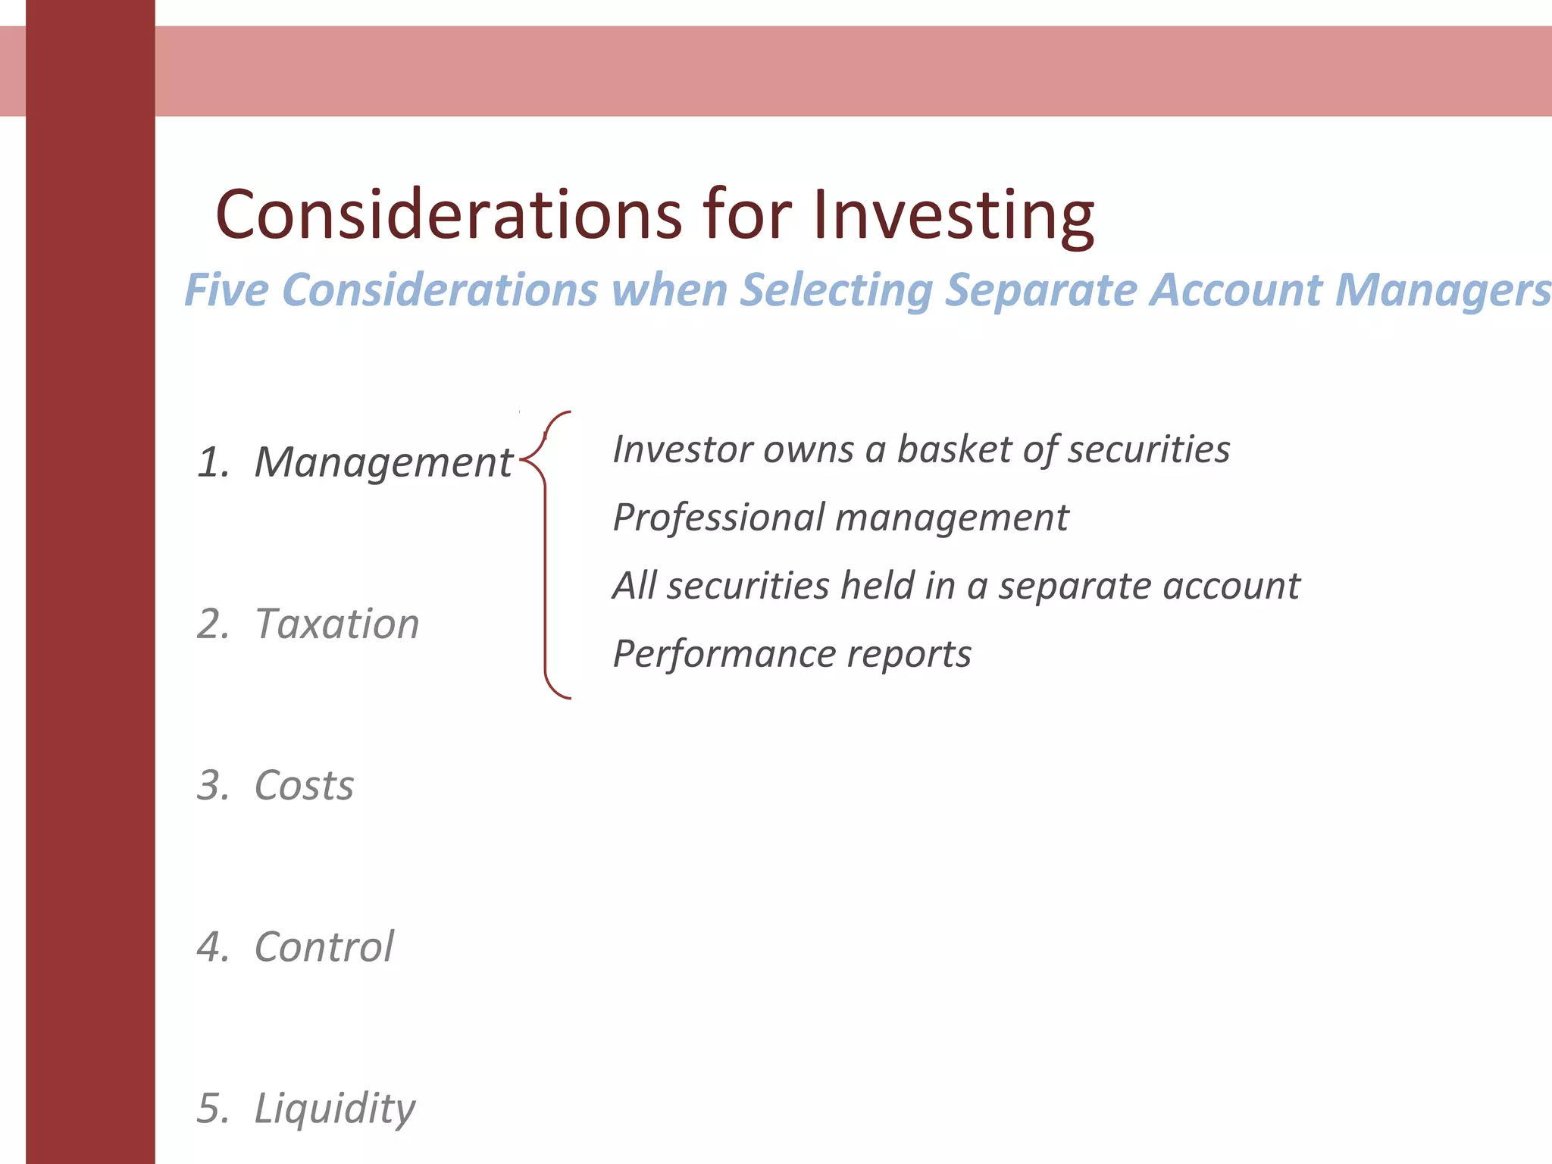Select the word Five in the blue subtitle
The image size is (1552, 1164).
pos(227,289)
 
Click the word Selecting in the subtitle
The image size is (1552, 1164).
pos(836,291)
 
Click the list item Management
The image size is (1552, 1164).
pos(383,462)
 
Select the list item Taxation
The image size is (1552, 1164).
pos(336,624)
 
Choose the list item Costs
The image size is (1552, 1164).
pos(304,785)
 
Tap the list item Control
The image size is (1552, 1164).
pos(324,947)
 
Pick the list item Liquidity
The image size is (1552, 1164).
pos(334,1109)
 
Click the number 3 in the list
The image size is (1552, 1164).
pos(211,785)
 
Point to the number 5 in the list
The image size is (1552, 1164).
pos(211,1108)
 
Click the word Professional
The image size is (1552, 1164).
pos(718,518)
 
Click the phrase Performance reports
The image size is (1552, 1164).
pos(791,654)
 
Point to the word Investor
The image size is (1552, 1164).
pos(682,449)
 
